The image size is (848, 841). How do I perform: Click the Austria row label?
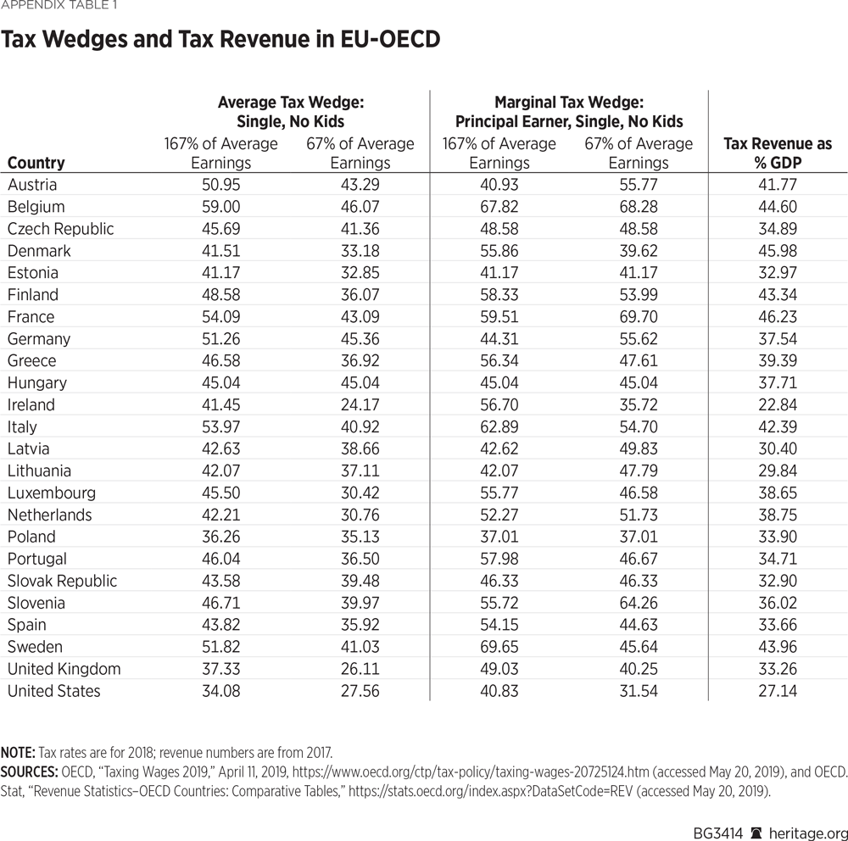point(31,185)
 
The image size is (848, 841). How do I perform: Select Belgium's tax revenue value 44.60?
point(778,207)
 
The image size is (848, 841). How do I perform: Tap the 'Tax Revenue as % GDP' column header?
point(778,153)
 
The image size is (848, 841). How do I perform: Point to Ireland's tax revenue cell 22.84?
point(778,405)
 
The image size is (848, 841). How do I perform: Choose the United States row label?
point(53,692)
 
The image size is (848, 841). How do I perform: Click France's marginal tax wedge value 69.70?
point(639,317)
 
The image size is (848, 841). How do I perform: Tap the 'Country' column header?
point(36,163)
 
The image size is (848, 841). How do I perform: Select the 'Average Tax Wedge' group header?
point(290,111)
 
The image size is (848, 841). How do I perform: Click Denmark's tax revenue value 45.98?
point(778,251)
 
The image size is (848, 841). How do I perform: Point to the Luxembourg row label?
point(51,493)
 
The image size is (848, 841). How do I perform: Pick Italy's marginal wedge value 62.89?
point(499,427)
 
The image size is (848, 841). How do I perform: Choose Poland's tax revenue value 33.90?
point(778,537)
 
